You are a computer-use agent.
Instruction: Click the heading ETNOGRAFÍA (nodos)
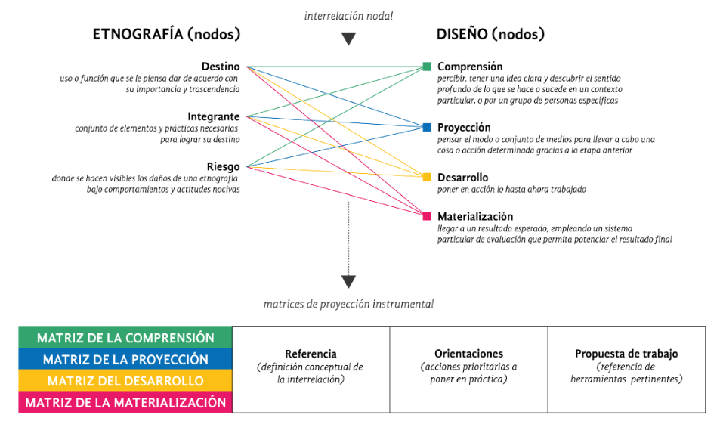166,34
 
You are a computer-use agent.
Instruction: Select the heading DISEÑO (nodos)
490,34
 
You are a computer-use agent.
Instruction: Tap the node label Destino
221,67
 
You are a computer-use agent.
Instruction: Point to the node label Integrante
214,116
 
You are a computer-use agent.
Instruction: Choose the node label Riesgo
223,166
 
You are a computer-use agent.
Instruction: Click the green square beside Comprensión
427,67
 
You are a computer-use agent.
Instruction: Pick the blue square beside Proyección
427,127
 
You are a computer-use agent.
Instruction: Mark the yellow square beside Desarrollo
427,177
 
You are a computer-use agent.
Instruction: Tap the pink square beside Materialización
427,216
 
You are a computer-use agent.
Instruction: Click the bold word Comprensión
469,67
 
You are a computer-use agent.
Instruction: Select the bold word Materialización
475,216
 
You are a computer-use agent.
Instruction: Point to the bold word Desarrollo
462,177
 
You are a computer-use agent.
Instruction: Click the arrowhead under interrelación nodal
348,39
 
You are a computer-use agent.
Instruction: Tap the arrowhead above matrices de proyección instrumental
348,282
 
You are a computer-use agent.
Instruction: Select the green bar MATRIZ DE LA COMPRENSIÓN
125,338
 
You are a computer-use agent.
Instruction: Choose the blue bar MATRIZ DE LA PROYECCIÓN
125,359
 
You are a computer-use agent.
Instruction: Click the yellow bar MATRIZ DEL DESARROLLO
125,380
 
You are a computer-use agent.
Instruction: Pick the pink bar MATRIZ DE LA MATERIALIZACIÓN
125,402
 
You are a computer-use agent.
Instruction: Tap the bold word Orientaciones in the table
468,354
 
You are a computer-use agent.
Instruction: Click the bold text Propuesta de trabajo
626,354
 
